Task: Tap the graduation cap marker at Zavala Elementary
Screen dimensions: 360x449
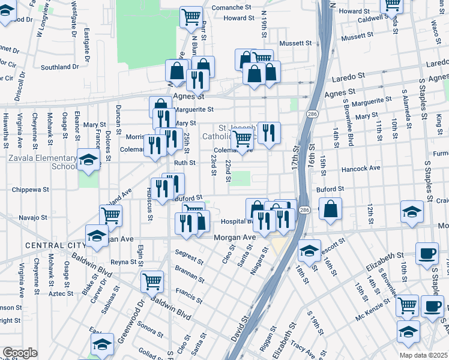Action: (x=88, y=160)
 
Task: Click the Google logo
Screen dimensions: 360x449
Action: (x=20, y=353)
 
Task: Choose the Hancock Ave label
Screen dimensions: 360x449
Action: (x=361, y=169)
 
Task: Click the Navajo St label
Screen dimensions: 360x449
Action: (x=32, y=217)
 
